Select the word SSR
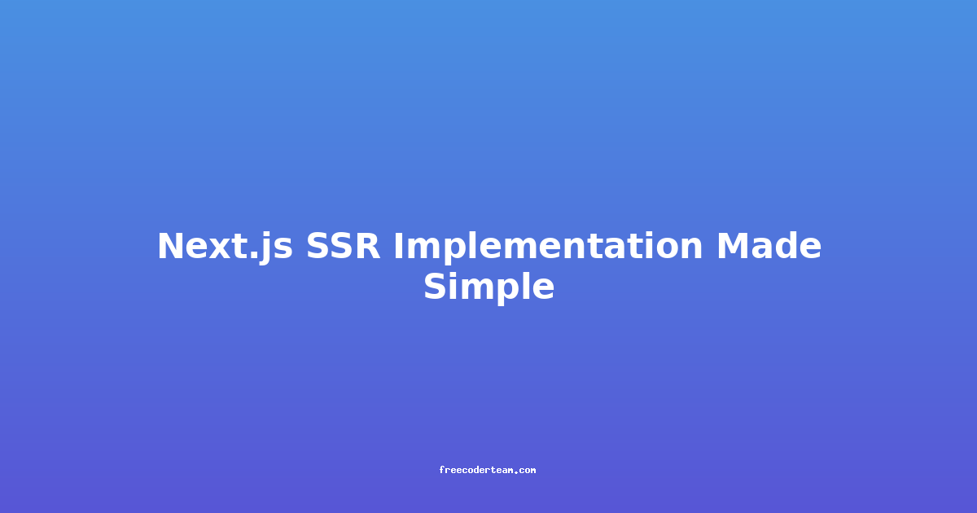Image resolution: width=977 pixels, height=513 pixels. point(343,246)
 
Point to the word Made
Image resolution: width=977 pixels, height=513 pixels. point(769,245)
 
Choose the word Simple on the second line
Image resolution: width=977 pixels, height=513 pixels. point(489,287)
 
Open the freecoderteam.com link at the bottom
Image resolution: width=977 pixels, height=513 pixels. point(487,470)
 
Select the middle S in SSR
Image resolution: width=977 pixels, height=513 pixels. point(343,246)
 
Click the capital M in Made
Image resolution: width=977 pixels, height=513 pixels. point(734,246)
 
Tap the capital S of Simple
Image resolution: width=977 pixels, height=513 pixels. point(436,286)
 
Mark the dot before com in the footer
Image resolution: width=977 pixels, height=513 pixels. point(517,472)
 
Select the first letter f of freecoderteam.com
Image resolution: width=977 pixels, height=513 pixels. point(441,470)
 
